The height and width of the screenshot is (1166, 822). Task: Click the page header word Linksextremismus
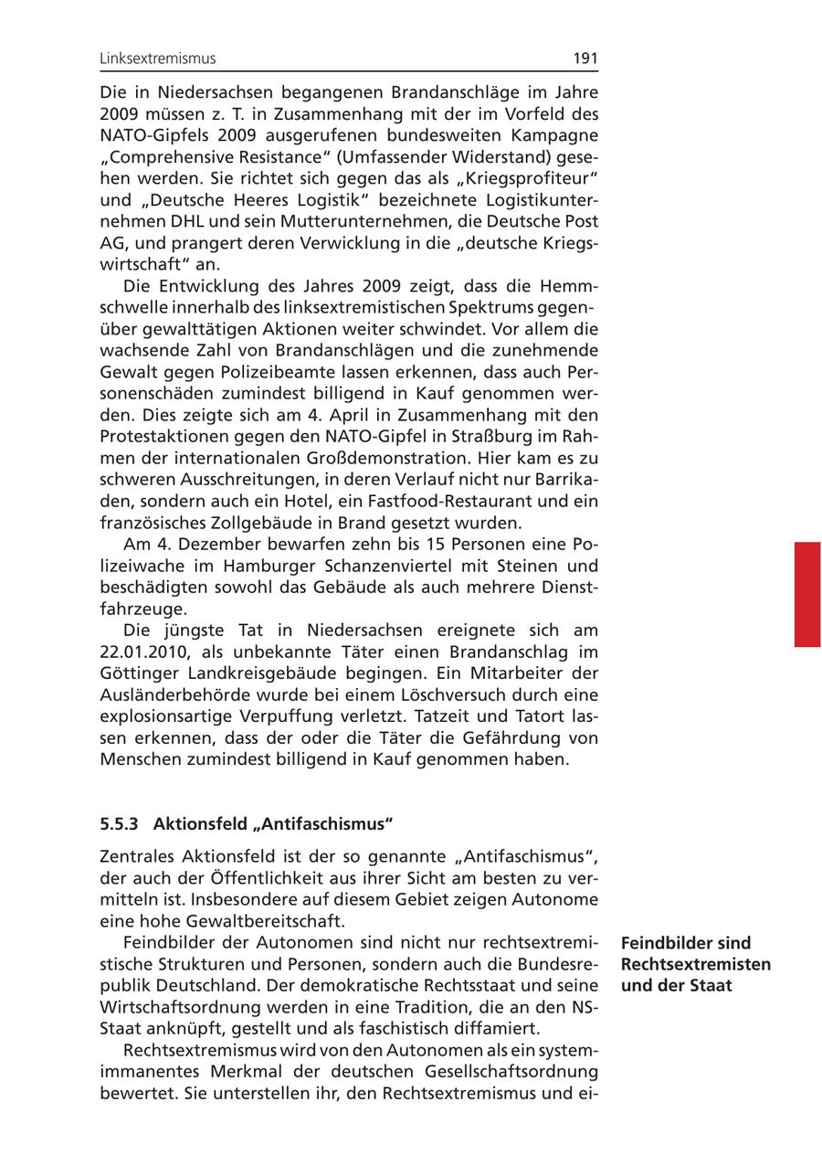157,58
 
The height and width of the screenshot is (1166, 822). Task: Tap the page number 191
585,58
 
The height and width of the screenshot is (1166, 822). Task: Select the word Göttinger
141,674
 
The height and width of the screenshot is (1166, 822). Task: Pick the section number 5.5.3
118,823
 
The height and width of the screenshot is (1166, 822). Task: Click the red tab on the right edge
807,594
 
